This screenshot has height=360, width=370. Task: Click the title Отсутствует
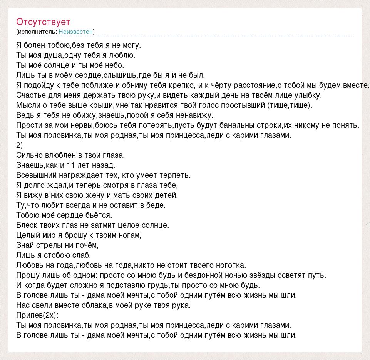43,22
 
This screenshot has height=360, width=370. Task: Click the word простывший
244,105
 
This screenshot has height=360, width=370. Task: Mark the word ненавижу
194,115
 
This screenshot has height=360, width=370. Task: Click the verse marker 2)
20,145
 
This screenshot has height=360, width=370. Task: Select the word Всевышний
37,175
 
